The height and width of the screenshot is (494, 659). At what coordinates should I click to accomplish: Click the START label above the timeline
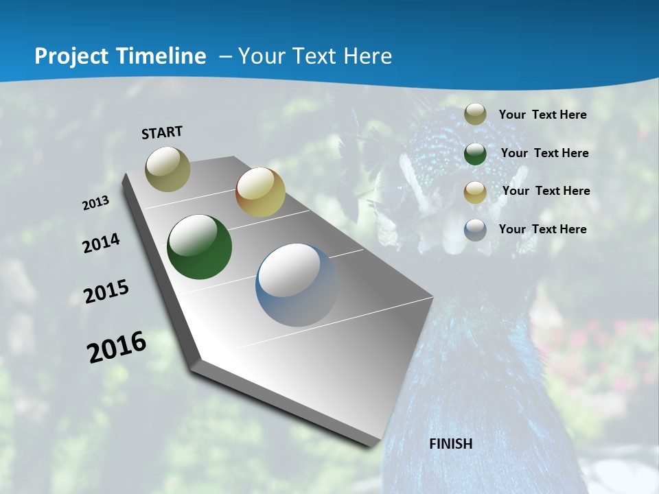[x=162, y=132]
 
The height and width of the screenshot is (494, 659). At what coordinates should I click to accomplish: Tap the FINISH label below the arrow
[x=451, y=443]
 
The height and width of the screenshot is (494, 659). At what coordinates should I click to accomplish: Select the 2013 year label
[x=96, y=203]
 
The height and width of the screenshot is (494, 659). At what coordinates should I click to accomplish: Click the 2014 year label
[x=102, y=243]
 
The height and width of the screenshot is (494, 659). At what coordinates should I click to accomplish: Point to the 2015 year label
[x=106, y=292]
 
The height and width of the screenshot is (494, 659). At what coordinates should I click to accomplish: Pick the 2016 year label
[x=117, y=347]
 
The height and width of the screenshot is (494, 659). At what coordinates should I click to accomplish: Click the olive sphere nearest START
[x=167, y=169]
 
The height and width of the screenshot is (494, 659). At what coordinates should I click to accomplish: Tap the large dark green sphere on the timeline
[x=200, y=247]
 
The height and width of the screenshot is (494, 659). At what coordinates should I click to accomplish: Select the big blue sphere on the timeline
[x=297, y=284]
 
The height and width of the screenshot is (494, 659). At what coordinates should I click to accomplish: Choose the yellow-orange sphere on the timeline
[x=260, y=192]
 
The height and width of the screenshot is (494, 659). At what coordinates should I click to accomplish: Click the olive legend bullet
[x=475, y=115]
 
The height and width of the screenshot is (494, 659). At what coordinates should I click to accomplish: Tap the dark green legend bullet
[x=475, y=153]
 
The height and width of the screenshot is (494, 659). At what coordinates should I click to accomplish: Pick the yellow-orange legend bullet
[x=475, y=191]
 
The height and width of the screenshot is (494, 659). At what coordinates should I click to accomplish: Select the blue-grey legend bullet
[x=475, y=230]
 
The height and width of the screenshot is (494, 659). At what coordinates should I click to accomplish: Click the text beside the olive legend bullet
[x=542, y=115]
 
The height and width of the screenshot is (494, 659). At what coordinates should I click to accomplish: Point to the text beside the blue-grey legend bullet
[x=542, y=229]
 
